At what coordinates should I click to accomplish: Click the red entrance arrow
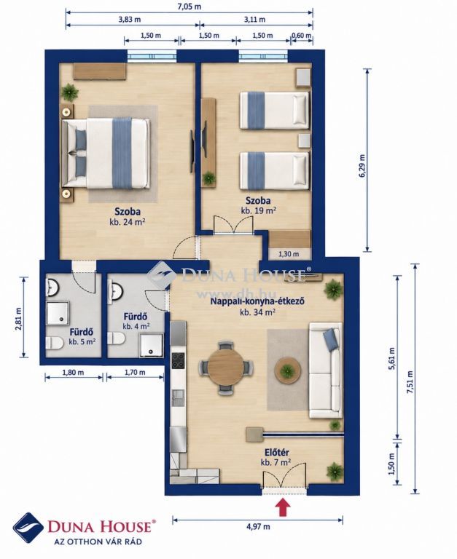[x=283, y=507]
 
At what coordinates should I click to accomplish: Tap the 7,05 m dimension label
[x=190, y=7]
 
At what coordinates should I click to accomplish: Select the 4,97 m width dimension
[x=258, y=526]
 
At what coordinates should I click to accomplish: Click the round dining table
[x=226, y=367]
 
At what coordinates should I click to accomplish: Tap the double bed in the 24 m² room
[x=106, y=154]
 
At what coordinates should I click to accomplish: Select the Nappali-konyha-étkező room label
[x=257, y=301]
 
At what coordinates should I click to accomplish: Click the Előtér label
[x=277, y=453]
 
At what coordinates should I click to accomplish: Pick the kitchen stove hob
[x=179, y=361]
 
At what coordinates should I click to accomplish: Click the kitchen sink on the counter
[x=178, y=397]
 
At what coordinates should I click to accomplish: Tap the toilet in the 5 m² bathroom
[x=54, y=343]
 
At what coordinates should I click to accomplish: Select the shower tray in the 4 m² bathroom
[x=152, y=345]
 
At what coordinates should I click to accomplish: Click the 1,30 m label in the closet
[x=289, y=254]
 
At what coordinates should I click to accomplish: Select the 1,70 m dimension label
[x=135, y=373]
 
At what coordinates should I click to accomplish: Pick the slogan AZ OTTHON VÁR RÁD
[x=98, y=542]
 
